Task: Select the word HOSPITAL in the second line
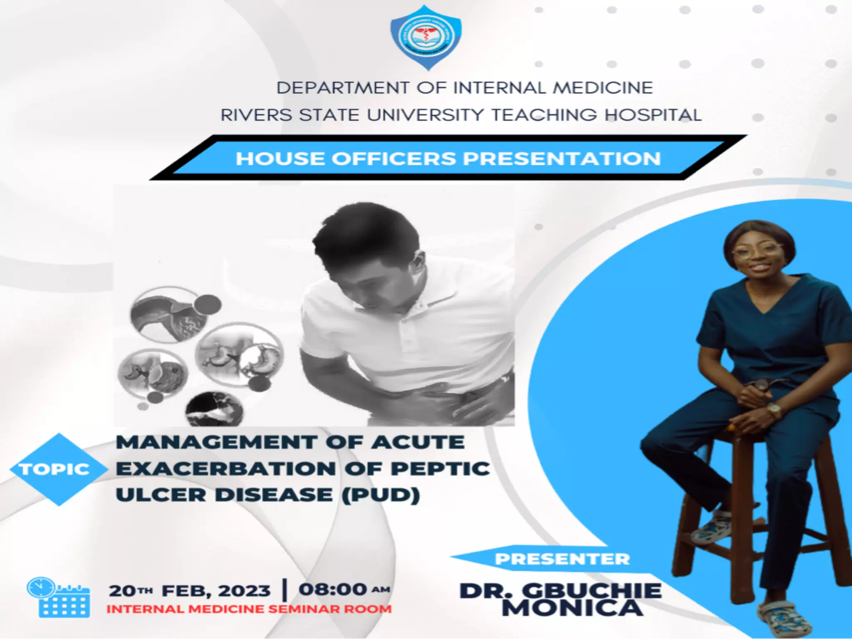[x=653, y=115]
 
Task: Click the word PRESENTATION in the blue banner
[x=562, y=159]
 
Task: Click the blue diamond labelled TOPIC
[x=56, y=469]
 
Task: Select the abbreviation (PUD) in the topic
[x=381, y=495]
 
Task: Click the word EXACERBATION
[x=226, y=469]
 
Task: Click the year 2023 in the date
[x=244, y=591]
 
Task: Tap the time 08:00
[x=333, y=589]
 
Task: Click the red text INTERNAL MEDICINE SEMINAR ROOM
[x=249, y=609]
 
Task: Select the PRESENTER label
[x=562, y=559]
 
